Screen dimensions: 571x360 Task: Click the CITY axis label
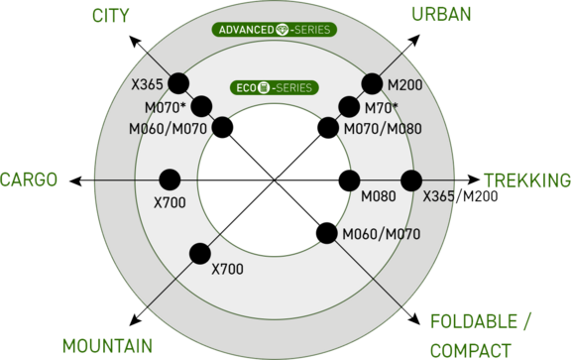[110, 15]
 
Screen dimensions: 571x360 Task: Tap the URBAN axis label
[441, 14]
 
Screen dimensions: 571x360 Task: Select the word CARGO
[29, 180]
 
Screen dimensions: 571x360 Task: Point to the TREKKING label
[527, 180]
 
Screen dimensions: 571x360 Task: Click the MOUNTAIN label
[107, 346]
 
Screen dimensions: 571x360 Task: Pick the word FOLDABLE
[474, 321]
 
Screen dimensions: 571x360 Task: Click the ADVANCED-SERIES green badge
[275, 30]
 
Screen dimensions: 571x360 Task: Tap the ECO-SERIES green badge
[275, 88]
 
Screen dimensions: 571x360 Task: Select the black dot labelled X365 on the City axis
[178, 83]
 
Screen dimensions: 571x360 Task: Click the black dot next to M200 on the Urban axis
[372, 84]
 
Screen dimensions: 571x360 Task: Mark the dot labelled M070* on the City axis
[201, 106]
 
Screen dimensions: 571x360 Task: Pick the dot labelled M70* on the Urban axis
[349, 107]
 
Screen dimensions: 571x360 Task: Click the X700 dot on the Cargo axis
[170, 180]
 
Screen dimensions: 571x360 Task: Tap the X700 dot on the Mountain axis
[200, 254]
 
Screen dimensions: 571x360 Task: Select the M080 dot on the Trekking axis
[349, 180]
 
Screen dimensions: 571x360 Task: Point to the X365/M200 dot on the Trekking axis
[411, 180]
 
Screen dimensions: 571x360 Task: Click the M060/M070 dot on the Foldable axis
[327, 233]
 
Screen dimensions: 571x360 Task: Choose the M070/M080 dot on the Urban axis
[328, 128]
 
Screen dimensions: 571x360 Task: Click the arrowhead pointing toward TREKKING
[474, 180]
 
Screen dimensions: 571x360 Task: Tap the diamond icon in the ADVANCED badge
[283, 30]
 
